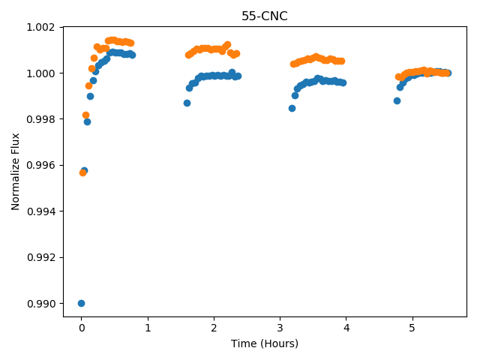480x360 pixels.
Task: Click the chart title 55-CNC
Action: tap(265, 16)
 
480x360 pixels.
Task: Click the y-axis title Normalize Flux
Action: tap(15, 172)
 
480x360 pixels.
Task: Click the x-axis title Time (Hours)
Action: tap(265, 343)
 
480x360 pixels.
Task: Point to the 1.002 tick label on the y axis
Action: tap(40, 27)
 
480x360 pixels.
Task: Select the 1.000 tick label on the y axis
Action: tap(40, 73)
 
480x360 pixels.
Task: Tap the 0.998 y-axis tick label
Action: tap(40, 119)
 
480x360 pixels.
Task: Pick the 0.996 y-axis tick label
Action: tap(40, 166)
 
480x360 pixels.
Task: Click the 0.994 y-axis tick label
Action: tap(40, 211)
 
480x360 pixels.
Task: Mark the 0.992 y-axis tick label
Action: tap(40, 258)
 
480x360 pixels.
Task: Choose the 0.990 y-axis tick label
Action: tap(40, 304)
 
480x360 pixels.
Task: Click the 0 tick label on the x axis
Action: tap(82, 328)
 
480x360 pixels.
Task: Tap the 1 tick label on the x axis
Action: tap(148, 328)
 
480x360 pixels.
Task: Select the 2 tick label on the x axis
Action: tap(214, 328)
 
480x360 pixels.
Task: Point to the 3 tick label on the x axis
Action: tap(280, 328)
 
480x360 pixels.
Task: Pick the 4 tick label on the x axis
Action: tap(346, 328)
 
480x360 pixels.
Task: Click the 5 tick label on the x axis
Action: tap(412, 328)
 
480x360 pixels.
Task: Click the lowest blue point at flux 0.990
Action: tap(81, 303)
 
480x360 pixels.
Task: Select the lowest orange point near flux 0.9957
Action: tap(82, 173)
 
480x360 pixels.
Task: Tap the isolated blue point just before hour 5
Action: tap(397, 100)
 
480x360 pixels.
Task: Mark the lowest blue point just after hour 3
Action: tap(292, 108)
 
